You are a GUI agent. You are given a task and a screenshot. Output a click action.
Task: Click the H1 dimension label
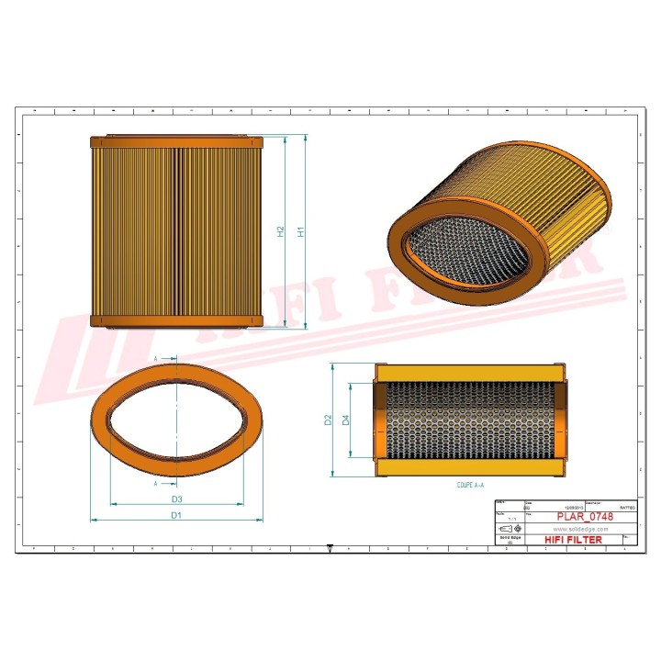pos(301,233)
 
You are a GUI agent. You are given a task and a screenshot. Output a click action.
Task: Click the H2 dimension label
pos(281,233)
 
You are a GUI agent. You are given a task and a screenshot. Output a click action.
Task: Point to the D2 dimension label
pos(328,420)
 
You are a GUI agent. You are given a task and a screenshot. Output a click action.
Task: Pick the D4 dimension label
pos(346,420)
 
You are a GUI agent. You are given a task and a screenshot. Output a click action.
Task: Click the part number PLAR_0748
pos(584,517)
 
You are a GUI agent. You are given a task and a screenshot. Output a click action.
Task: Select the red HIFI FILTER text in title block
pos(573,540)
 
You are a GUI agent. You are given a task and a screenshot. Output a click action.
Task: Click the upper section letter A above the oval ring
pos(156,357)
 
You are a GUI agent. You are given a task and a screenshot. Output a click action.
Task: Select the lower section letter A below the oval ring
pos(156,482)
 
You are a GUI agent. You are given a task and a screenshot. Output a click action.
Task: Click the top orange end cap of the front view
pos(177,143)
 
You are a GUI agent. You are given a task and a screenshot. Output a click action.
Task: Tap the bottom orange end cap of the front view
pos(177,321)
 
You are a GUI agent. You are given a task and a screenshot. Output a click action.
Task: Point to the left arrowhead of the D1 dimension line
pos(93,520)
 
